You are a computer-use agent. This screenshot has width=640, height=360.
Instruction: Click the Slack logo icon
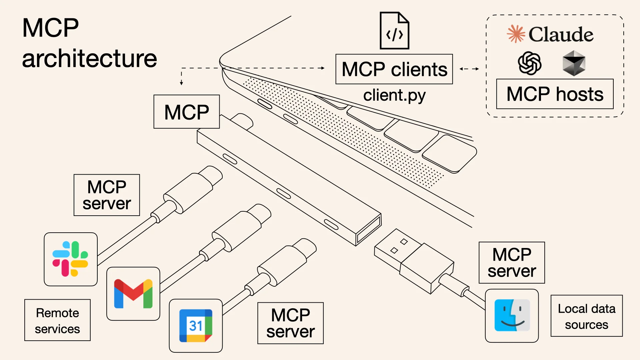(x=70, y=259)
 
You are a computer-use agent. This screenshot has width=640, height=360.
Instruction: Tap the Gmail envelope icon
(x=133, y=294)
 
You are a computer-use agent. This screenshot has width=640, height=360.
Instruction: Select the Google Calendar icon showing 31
(x=196, y=326)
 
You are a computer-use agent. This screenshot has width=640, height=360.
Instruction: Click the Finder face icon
(x=512, y=315)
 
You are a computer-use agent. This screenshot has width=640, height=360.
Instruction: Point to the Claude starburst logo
(x=516, y=34)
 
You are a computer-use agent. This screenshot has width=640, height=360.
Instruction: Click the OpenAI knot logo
(x=529, y=63)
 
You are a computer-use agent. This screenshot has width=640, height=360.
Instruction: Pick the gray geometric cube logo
(x=574, y=63)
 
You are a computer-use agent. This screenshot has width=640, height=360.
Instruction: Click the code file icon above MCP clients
(x=394, y=31)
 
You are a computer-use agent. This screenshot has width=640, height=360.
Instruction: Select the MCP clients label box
(x=394, y=69)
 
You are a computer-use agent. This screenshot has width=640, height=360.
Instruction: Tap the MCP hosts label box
(x=555, y=94)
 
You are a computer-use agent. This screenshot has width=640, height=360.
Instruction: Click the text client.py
(x=394, y=95)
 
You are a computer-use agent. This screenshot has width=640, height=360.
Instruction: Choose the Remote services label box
(x=57, y=320)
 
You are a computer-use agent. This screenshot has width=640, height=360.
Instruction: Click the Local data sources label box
(x=586, y=316)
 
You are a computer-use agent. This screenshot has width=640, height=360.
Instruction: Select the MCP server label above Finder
(x=512, y=263)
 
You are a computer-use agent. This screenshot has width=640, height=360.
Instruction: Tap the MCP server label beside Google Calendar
(x=290, y=323)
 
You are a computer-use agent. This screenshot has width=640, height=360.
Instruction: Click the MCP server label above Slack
(x=107, y=195)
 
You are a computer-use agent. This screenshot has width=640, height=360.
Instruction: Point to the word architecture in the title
(x=89, y=59)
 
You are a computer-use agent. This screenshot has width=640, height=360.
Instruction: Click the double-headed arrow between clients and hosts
(x=469, y=69)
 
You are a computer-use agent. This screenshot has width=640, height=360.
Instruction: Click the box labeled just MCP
(x=186, y=112)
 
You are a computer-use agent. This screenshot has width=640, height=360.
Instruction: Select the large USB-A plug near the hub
(x=413, y=260)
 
